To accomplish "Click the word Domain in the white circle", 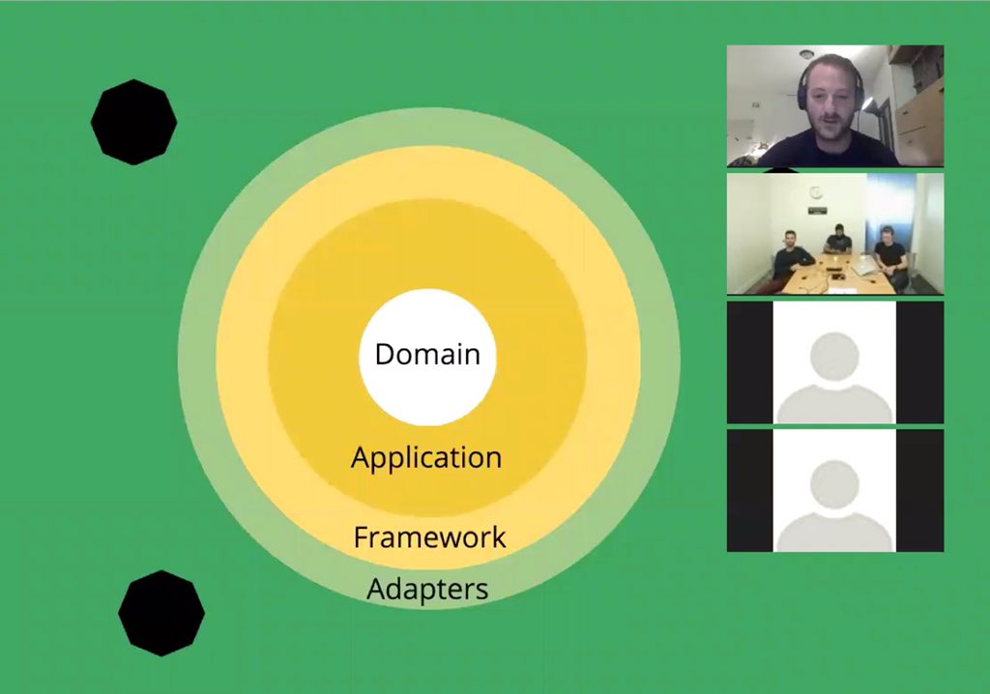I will coord(427,354).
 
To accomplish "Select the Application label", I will coord(426,457).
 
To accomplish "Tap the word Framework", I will coord(429,536).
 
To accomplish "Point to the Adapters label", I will coord(427,588).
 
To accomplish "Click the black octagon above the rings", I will coord(133,122).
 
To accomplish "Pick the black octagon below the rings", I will coord(161,613).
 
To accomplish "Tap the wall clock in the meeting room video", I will coord(816,192).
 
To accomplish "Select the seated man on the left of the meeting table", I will coord(792,256).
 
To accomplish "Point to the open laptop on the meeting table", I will coord(863,265).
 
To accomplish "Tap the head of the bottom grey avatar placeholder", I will coord(833,482).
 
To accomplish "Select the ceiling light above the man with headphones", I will coord(806,53).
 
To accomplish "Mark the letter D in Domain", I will coord(384,355).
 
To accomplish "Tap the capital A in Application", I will coord(360,457).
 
